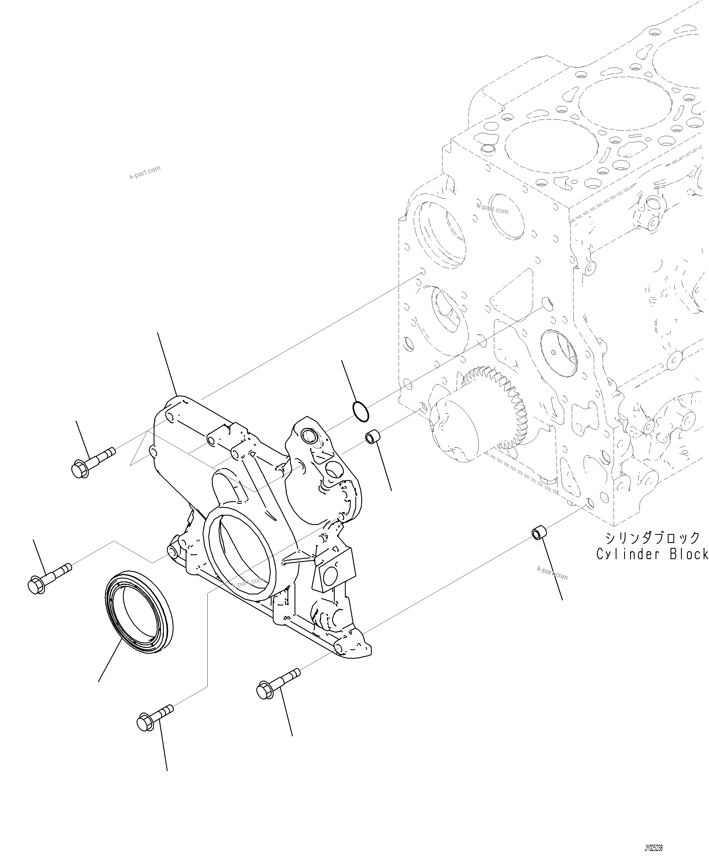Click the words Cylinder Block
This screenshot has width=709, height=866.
tap(652, 554)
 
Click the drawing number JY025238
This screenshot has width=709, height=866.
tap(654, 845)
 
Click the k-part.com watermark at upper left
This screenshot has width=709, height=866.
tap(145, 173)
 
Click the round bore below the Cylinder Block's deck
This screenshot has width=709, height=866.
tap(506, 216)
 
